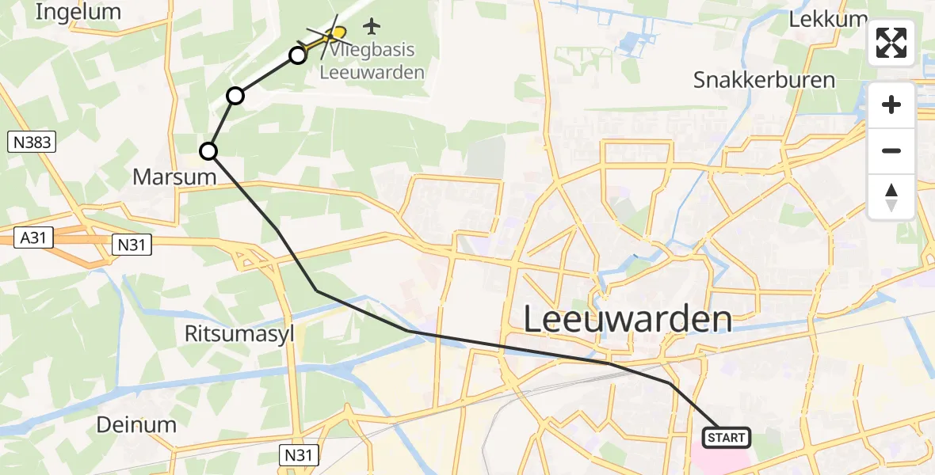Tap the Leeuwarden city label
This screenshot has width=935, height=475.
(628, 319)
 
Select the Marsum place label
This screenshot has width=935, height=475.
(174, 177)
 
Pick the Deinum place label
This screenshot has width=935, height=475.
(136, 424)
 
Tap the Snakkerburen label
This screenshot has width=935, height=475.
(764, 80)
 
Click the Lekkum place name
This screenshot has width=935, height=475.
(824, 19)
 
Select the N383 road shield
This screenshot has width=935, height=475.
(31, 142)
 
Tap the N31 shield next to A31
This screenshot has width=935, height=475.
(132, 245)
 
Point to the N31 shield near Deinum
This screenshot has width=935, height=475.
(301, 454)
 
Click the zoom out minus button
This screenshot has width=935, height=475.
(891, 150)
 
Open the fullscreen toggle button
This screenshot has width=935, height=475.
(891, 43)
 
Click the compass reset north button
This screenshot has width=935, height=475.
(891, 197)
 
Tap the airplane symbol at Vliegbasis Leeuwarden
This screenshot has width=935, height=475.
(372, 26)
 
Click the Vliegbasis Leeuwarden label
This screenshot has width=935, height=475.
(372, 61)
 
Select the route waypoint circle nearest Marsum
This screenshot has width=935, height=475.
(208, 150)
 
